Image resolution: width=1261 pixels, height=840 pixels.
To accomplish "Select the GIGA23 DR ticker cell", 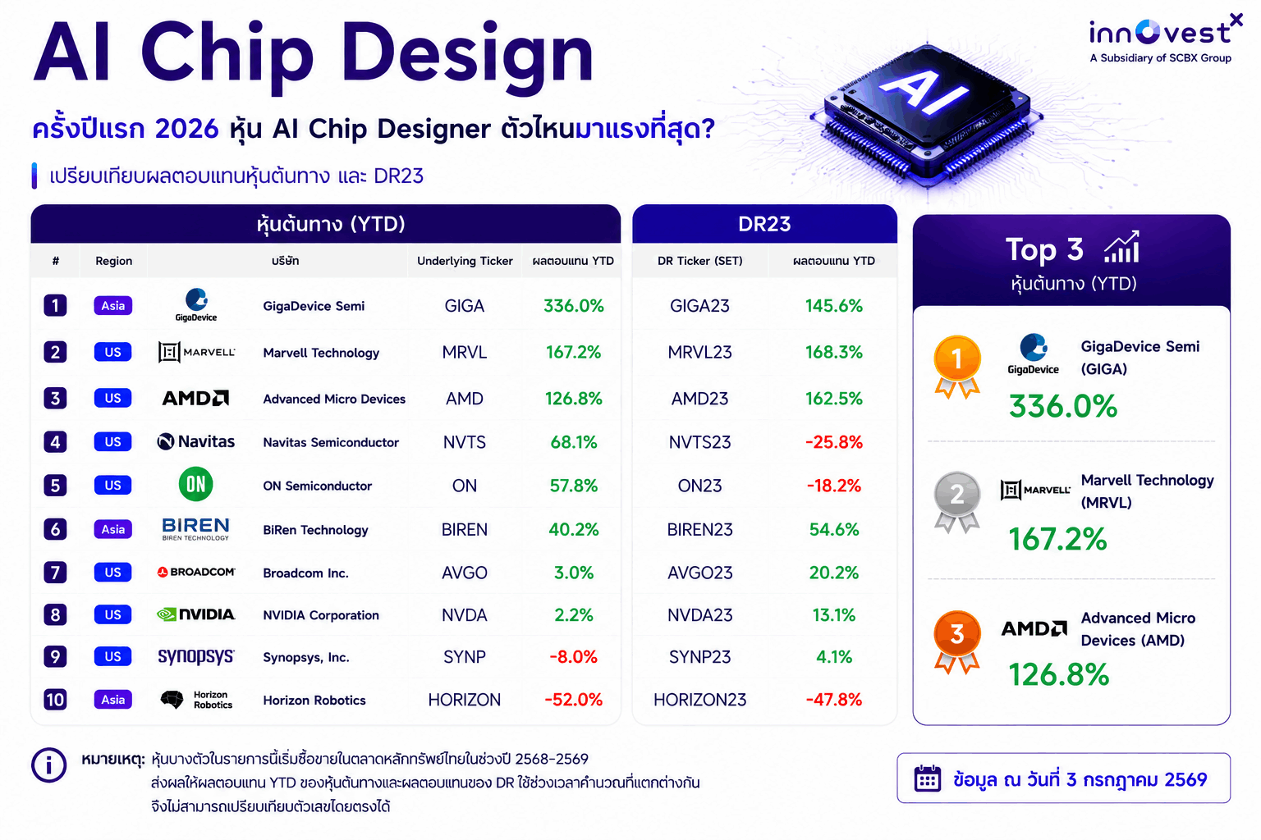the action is (699, 306).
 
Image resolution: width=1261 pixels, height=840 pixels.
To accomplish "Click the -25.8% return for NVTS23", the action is (834, 442).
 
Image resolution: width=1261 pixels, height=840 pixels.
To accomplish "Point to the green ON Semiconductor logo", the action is (195, 485).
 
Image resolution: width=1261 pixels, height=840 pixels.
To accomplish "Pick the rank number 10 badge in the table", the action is (55, 700).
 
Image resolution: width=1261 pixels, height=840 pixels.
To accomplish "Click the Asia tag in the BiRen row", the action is (113, 529).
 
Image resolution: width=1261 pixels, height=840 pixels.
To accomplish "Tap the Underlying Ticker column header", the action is (465, 261).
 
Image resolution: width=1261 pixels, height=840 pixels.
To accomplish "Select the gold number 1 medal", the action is (957, 366).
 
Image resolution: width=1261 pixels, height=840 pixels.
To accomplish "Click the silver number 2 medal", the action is (957, 501).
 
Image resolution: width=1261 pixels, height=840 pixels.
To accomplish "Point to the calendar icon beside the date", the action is (927, 779).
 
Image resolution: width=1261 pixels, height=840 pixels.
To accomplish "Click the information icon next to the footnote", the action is (49, 765).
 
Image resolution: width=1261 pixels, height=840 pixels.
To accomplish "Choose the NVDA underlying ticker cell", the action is (465, 615).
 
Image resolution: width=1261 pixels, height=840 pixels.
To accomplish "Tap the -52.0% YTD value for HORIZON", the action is (573, 700).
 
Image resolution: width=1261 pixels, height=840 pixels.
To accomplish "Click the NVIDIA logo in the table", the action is (195, 614).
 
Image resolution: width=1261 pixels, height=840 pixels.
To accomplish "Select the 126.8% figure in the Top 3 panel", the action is (1058, 674).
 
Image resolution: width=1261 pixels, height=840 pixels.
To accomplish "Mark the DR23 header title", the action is (764, 225).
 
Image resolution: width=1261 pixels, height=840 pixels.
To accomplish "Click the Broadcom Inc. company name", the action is (305, 573).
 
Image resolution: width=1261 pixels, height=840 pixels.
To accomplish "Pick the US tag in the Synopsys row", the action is (112, 656).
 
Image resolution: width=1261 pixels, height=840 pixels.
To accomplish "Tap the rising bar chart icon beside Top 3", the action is (1122, 247).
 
